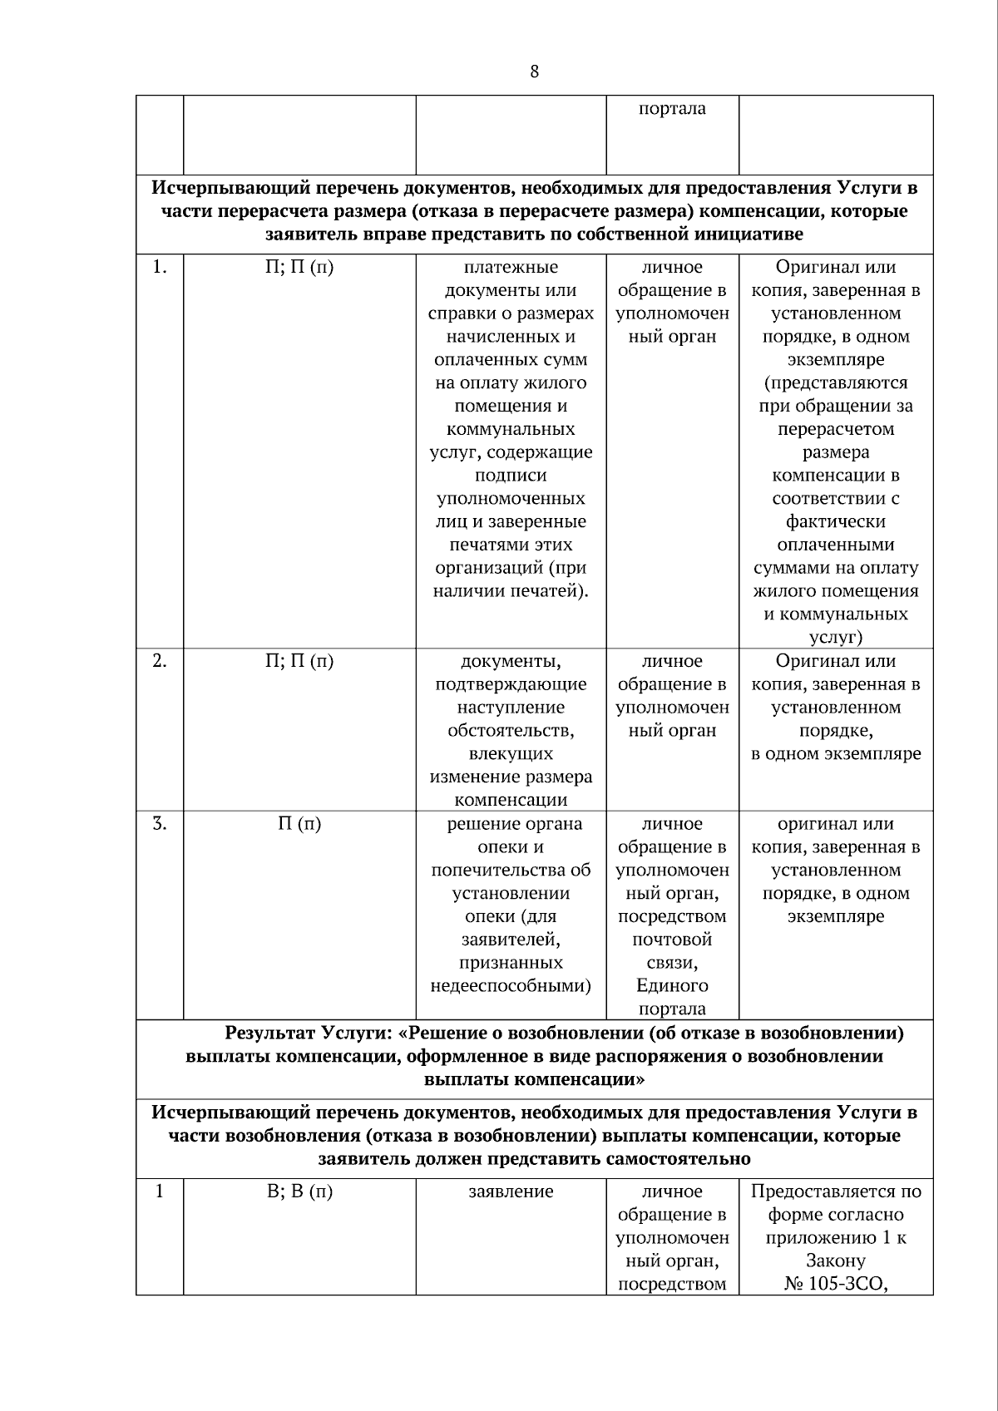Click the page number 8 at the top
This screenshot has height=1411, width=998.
pyautogui.click(x=534, y=72)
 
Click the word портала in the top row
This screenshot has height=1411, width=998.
pyautogui.click(x=672, y=109)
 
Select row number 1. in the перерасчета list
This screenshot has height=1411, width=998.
pyautogui.click(x=160, y=268)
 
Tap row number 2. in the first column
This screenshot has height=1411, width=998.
pyautogui.click(x=160, y=662)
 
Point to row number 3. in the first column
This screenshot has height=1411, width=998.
pyautogui.click(x=160, y=825)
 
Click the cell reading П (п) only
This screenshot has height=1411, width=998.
pyautogui.click(x=299, y=825)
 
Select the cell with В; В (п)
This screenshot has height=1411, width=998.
pyautogui.click(x=299, y=1192)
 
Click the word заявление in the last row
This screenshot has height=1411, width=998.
pyautogui.click(x=511, y=1192)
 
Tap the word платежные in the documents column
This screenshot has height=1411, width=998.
pyautogui.click(x=511, y=268)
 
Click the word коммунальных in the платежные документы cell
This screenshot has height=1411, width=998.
pyautogui.click(x=511, y=430)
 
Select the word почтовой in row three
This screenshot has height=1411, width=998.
pyautogui.click(x=672, y=940)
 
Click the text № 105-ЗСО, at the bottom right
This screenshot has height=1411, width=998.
pyautogui.click(x=836, y=1285)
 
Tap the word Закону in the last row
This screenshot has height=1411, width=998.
pyautogui.click(x=836, y=1261)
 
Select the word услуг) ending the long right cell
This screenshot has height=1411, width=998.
pyautogui.click(x=836, y=639)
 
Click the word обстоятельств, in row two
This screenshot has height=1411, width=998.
pyautogui.click(x=511, y=732)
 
